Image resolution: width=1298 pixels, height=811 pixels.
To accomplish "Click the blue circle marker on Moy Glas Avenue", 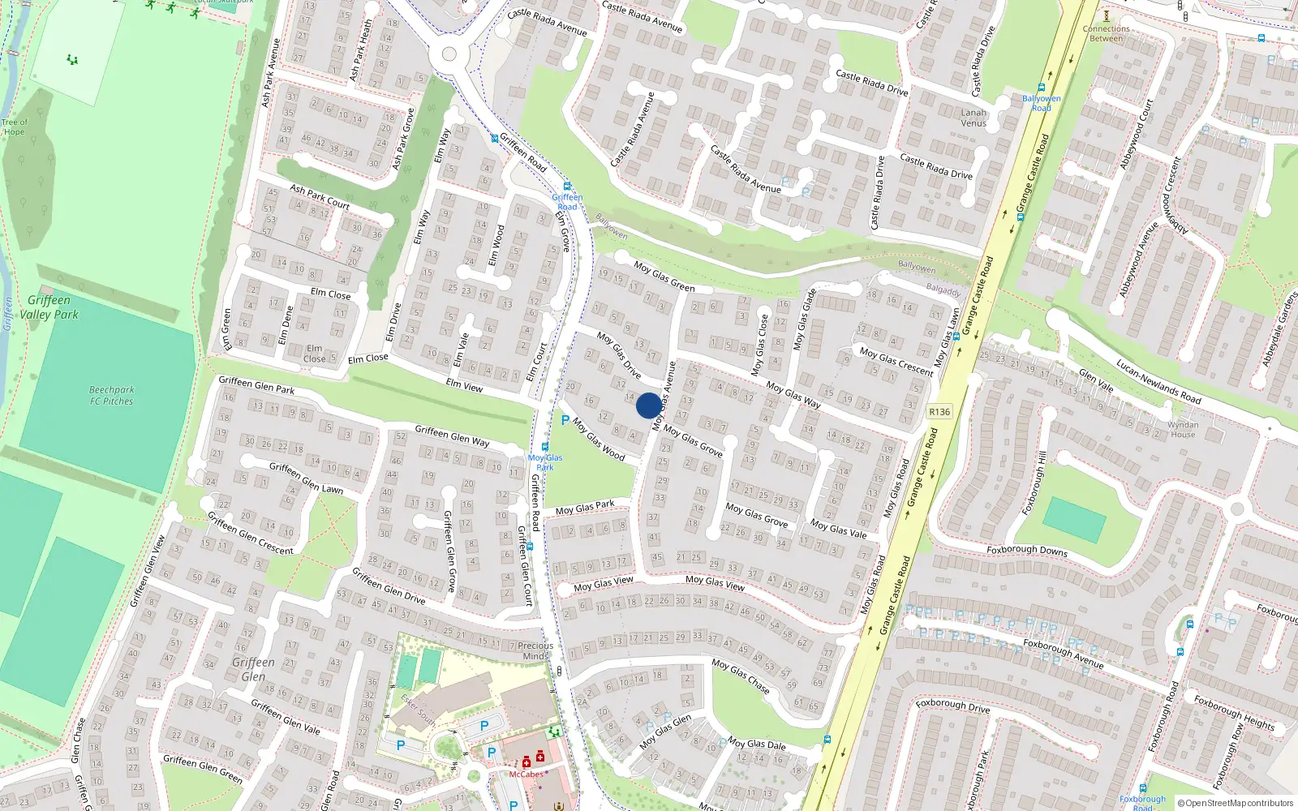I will click(x=648, y=405).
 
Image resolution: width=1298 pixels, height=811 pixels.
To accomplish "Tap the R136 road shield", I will click(x=939, y=412).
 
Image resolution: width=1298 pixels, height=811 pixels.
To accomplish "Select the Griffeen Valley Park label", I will click(x=49, y=307).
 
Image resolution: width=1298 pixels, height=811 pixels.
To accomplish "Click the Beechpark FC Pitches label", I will click(x=111, y=395).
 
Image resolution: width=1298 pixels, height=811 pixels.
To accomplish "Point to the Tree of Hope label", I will click(x=14, y=127).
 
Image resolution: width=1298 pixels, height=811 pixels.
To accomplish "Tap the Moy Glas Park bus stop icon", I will click(x=545, y=447).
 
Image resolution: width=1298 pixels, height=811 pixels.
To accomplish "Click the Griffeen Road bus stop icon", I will click(x=567, y=187).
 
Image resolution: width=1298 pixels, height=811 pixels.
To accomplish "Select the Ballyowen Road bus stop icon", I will click(x=1041, y=88).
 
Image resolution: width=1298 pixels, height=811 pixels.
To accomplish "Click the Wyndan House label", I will click(x=1183, y=429).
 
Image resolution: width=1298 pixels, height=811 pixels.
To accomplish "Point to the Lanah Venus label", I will click(x=973, y=118).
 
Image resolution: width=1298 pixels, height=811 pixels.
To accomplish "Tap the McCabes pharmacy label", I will click(x=526, y=774).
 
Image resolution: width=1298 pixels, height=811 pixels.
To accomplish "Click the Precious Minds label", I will click(x=535, y=650).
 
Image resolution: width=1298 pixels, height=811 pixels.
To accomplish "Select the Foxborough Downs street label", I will click(x=1026, y=550).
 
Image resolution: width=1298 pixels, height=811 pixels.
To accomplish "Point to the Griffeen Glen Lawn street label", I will click(x=306, y=478).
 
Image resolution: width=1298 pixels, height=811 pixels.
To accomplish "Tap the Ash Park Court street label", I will click(x=320, y=197).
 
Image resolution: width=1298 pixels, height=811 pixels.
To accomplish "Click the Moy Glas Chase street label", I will click(x=741, y=676).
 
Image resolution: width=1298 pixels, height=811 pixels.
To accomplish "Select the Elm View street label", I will click(x=464, y=386).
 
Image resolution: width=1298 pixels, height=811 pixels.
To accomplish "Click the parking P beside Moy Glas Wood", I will click(x=565, y=420).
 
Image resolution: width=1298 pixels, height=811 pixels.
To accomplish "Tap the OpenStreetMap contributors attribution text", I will click(x=1239, y=804).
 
